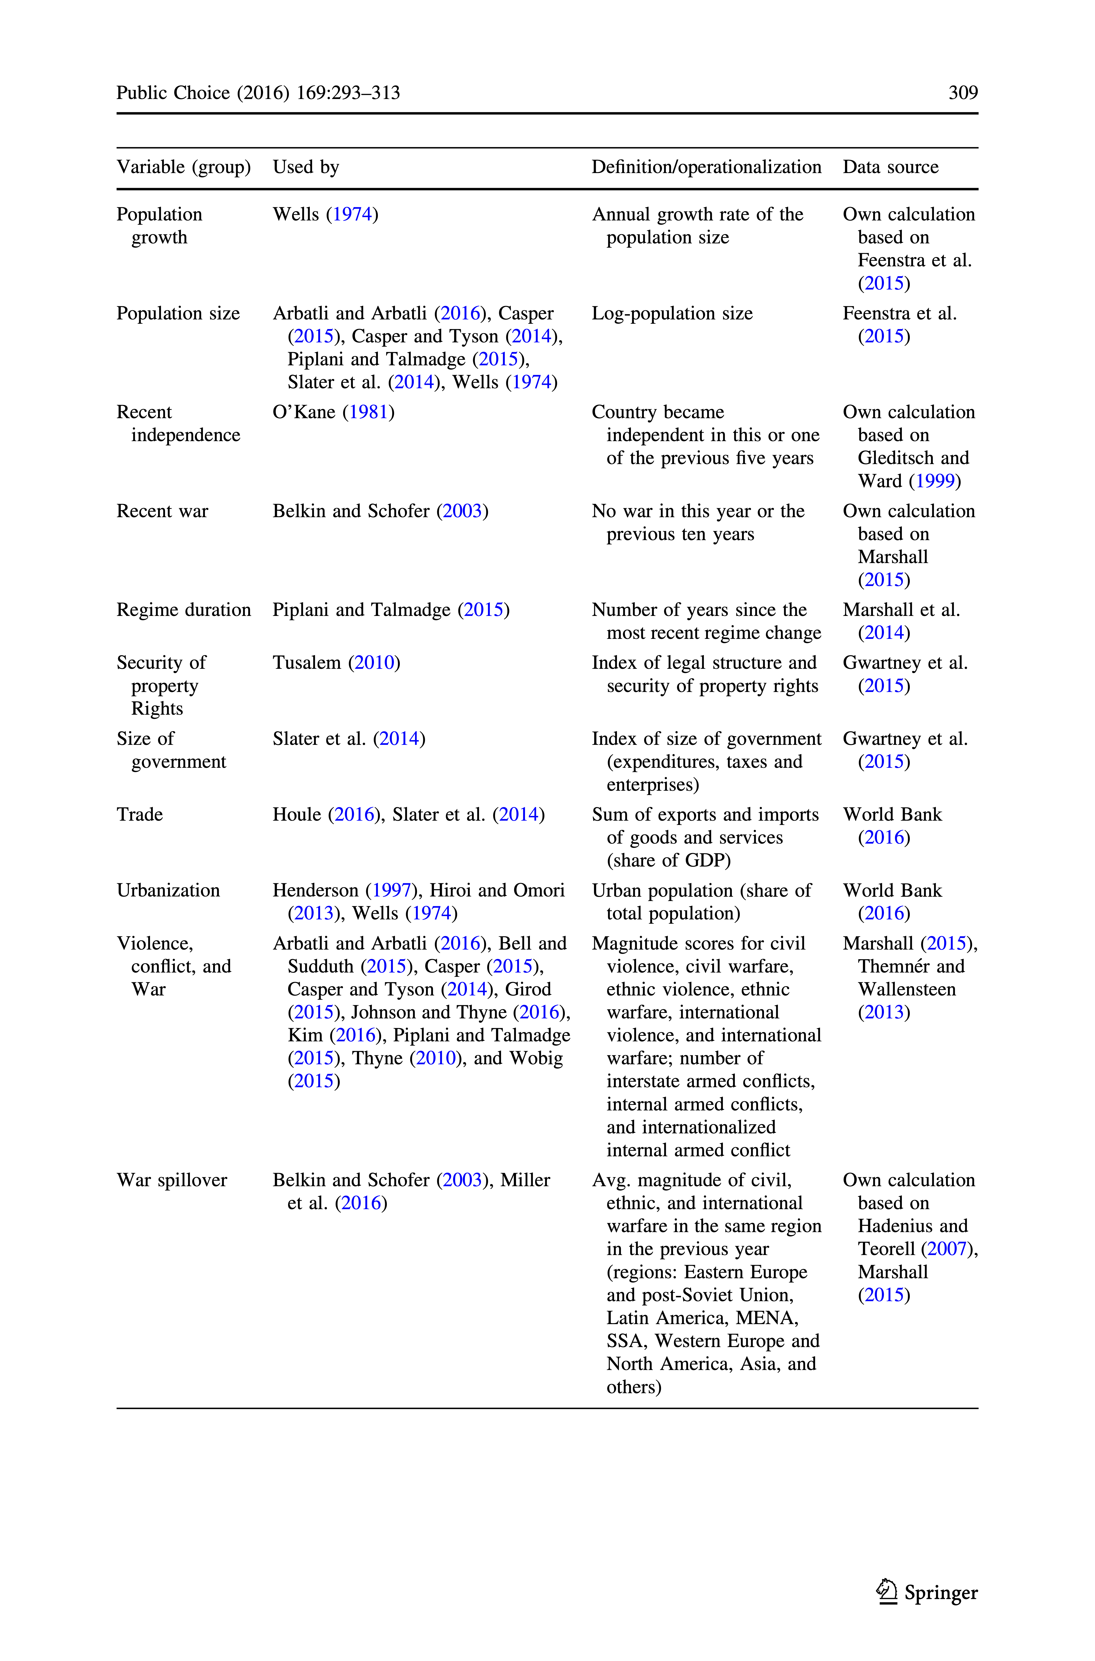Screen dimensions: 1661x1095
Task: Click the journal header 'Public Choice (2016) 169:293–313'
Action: [258, 93]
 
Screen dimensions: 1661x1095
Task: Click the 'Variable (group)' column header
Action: [183, 167]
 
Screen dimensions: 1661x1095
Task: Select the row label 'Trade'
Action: [140, 814]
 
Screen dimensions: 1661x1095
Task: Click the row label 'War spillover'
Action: [172, 1180]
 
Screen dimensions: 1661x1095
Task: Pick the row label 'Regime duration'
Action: [183, 610]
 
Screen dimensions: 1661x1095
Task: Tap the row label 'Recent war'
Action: [162, 511]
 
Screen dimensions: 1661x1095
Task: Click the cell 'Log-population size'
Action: [672, 314]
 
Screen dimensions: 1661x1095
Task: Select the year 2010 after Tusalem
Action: [374, 663]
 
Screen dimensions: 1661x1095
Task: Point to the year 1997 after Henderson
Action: [391, 890]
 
